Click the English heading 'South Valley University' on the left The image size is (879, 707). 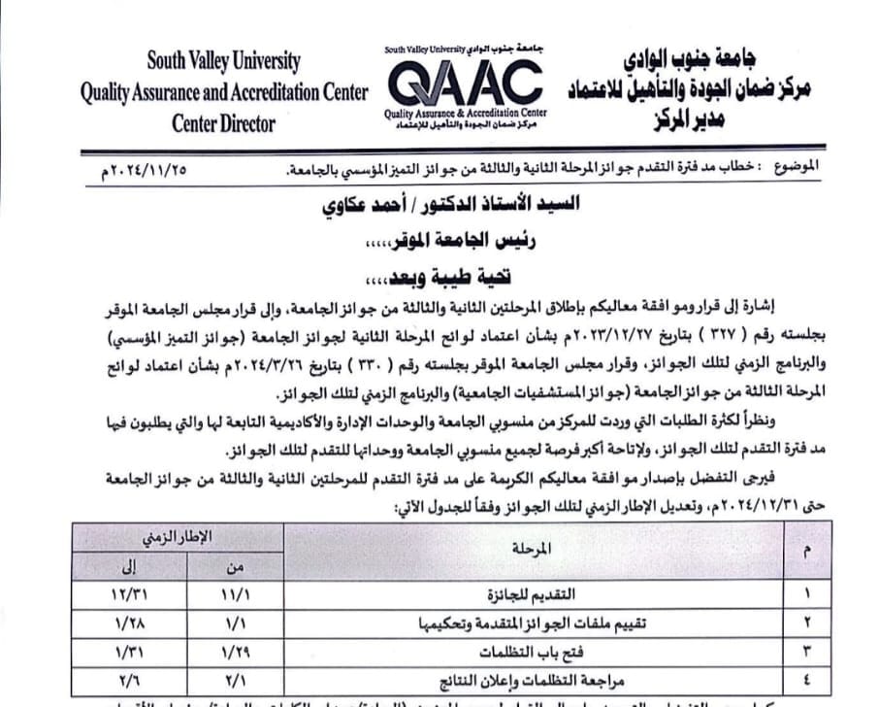223,60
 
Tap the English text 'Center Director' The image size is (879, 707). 223,123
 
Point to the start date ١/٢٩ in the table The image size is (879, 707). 236,650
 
